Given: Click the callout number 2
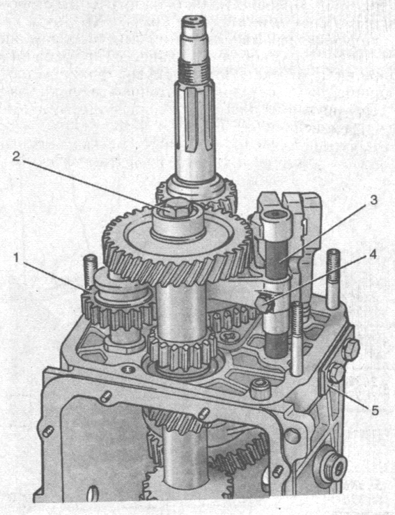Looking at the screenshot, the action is (17, 156).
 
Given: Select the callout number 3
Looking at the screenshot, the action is (373, 200).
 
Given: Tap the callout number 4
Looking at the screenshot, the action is (373, 254).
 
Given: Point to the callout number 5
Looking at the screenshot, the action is (374, 410).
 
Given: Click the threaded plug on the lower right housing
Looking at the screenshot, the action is (331, 465).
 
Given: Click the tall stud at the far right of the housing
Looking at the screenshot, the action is (334, 279).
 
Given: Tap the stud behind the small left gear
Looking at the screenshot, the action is (90, 270).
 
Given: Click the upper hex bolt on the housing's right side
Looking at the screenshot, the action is (350, 349).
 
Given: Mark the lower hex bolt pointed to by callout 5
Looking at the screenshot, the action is (335, 373).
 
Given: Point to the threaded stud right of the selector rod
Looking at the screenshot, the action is (297, 338).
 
